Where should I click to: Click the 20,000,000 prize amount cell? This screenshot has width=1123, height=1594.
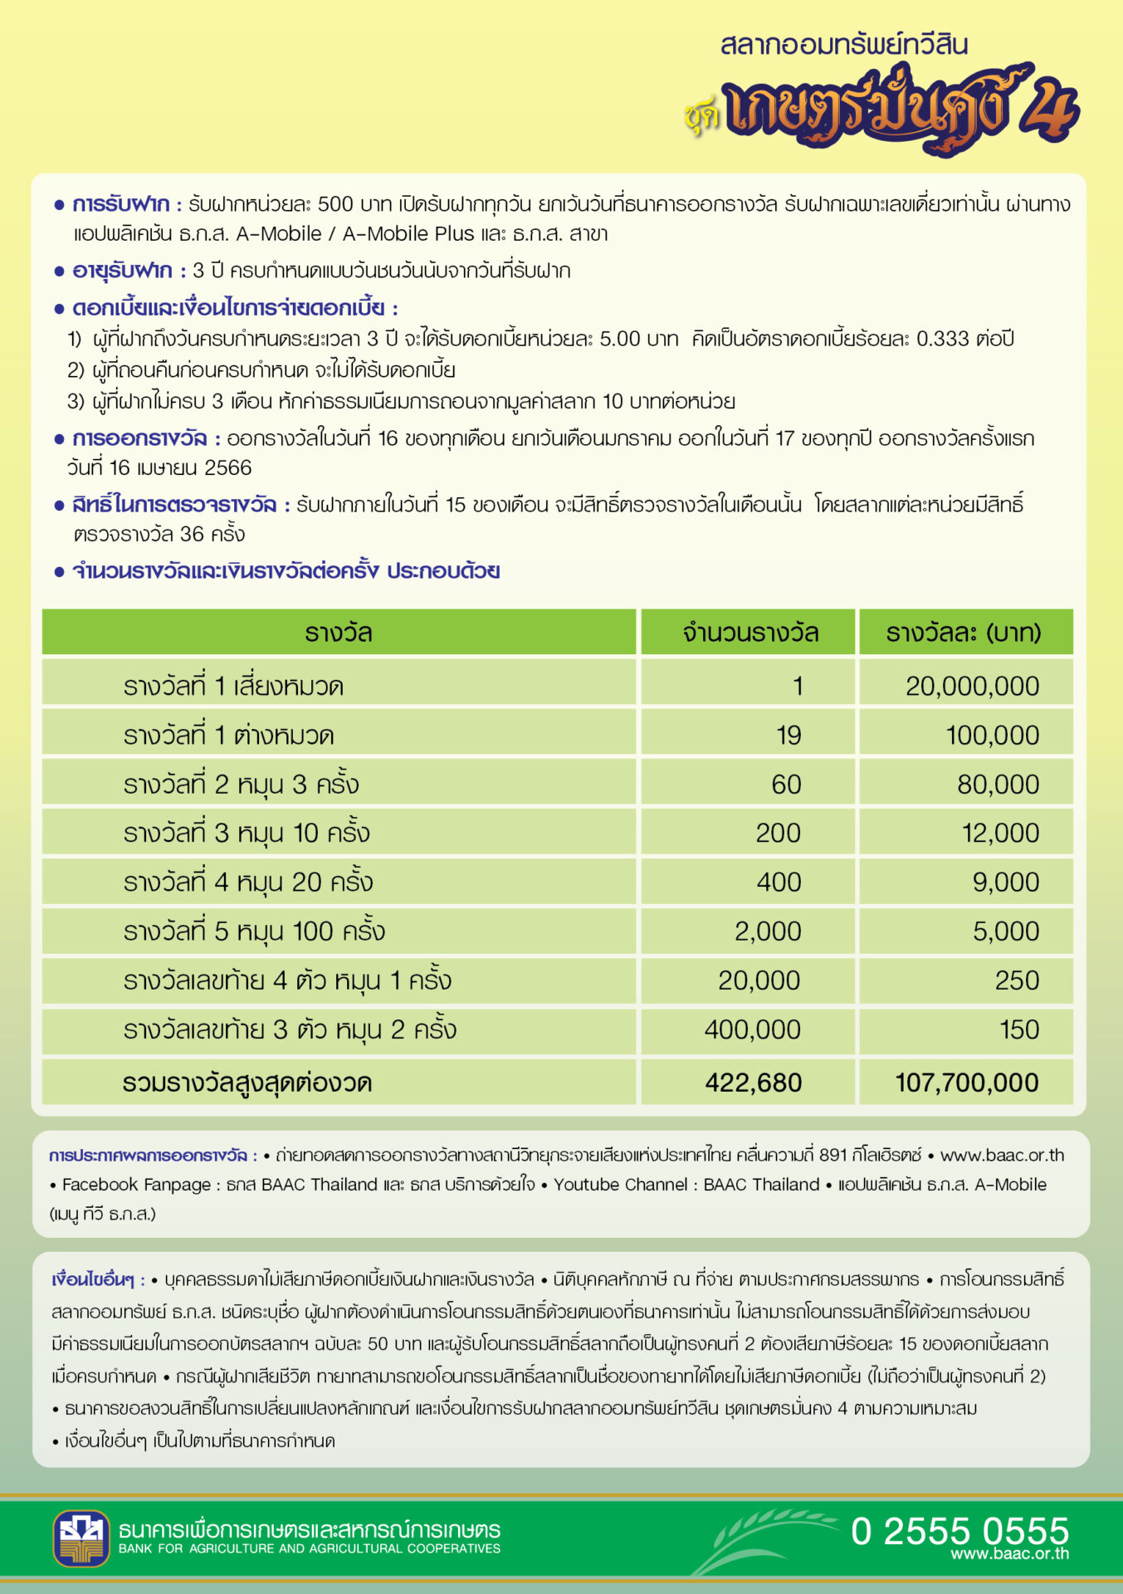point(972,686)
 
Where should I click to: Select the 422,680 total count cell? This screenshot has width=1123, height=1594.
point(753,1083)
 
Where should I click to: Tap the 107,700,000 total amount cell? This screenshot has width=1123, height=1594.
point(966,1083)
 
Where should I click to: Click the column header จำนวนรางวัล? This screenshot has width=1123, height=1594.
point(750,633)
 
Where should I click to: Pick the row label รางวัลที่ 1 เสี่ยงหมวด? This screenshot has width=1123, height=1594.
point(233,686)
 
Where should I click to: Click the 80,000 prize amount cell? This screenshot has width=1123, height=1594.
point(998,784)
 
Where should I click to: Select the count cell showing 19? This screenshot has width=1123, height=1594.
point(789,735)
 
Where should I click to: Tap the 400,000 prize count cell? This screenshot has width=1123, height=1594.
point(752,1029)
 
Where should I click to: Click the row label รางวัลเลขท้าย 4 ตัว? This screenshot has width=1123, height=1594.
point(287,980)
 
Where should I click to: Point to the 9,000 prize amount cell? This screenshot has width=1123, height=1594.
point(1005,882)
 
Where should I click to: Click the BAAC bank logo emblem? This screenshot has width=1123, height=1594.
point(81,1538)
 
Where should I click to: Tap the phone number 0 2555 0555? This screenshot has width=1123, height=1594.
point(959,1531)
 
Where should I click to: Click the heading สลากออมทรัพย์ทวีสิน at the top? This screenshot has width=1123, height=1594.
point(843,45)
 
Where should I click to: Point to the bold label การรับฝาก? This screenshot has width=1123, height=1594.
point(120,204)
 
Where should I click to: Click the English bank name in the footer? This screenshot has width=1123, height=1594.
point(309,1548)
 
